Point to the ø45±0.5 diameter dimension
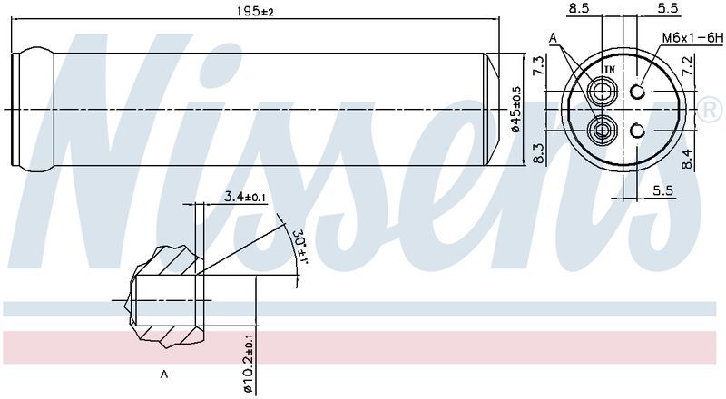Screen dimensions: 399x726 515,111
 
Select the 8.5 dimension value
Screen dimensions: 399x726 577,9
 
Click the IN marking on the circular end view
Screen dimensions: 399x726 609,69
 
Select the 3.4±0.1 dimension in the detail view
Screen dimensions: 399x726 245,196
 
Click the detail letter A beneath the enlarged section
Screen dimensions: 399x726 163,374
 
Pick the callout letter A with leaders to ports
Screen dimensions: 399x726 554,37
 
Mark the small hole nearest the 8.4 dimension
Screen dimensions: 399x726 637,131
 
